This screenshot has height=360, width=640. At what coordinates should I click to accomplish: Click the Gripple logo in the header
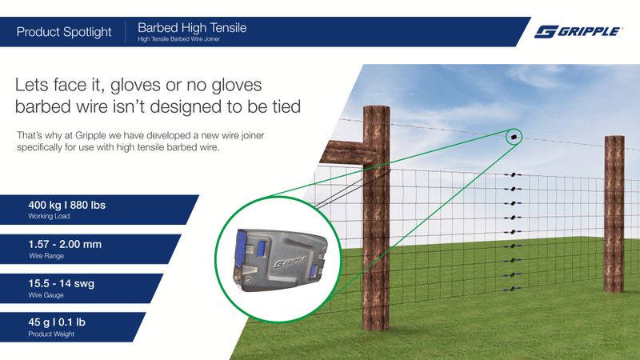tap(578, 31)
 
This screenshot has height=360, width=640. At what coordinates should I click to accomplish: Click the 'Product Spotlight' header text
tap(64, 32)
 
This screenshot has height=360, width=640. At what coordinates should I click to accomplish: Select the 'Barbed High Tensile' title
tap(192, 27)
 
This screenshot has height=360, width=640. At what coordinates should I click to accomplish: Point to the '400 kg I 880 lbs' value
tap(67, 206)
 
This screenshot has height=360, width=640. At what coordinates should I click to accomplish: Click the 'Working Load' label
tap(50, 217)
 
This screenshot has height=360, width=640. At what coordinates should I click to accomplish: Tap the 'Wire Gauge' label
tap(46, 294)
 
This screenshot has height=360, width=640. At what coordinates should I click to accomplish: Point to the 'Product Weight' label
tap(51, 333)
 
